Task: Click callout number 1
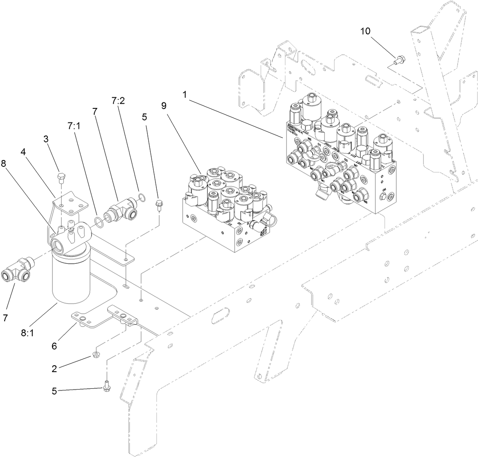185,95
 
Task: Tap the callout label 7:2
117,101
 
